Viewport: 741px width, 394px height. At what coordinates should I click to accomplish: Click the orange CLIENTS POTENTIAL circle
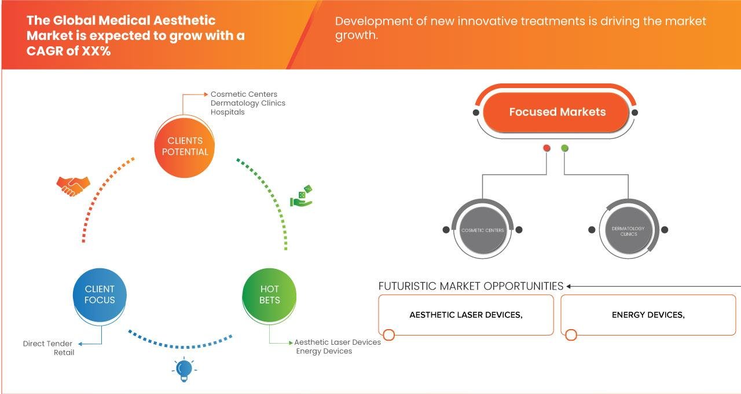point(185,146)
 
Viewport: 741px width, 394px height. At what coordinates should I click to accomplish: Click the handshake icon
point(74,185)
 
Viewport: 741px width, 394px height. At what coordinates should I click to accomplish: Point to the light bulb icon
point(184,369)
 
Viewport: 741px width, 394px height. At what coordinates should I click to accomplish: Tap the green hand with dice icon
point(301,196)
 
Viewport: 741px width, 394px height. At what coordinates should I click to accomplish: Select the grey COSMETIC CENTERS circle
point(482,230)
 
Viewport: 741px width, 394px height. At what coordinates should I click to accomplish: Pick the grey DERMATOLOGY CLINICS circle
point(628,231)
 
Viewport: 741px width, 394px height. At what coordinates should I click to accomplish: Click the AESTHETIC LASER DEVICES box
point(465,315)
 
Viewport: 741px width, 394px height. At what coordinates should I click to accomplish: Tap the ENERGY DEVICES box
point(648,315)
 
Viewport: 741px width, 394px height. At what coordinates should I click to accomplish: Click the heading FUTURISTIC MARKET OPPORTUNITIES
point(471,286)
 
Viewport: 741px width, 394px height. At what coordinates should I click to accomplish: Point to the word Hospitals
point(228,112)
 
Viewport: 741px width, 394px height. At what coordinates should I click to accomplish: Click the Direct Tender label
point(48,344)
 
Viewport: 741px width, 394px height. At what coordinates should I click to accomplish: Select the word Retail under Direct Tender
point(64,352)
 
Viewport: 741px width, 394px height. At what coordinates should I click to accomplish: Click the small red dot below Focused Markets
point(546,148)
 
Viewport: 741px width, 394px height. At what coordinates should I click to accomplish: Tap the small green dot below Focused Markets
point(564,148)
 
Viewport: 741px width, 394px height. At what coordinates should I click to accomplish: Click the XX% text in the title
point(96,50)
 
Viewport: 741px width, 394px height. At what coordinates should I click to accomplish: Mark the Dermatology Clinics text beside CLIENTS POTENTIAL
point(248,103)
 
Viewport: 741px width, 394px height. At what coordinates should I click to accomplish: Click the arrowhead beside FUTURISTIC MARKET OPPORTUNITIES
point(569,286)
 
